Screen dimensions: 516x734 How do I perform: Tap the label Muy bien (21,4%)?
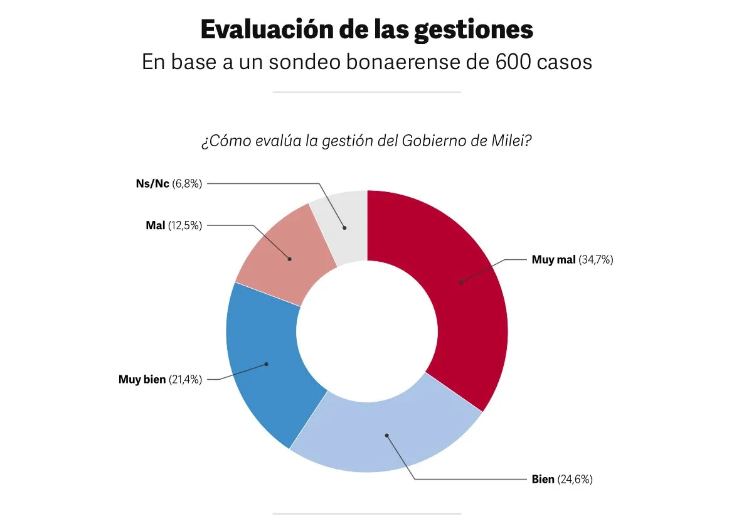tap(160, 379)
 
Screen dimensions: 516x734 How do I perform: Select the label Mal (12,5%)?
tap(174, 225)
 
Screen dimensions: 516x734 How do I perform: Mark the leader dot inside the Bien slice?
tap(386, 434)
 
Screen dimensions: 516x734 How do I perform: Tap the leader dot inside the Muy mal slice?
tap(460, 282)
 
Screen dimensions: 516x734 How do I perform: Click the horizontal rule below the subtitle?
tap(367, 92)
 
